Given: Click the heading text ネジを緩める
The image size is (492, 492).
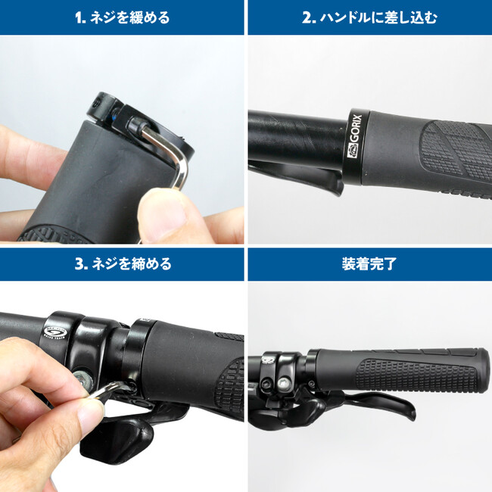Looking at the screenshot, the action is (130, 17).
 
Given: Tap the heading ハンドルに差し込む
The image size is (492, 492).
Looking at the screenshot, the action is (378, 17).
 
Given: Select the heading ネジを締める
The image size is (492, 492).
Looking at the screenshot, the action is (132, 264).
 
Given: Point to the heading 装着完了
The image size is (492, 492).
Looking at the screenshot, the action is (369, 264).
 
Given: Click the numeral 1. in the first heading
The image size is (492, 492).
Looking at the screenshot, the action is (81, 18).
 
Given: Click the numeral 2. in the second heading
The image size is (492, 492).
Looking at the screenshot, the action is (309, 18).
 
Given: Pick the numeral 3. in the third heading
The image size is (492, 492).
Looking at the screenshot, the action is (81, 264).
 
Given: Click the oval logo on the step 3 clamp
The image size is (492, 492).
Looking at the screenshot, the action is (53, 332).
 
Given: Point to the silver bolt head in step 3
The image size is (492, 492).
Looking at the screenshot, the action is (83, 379).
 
